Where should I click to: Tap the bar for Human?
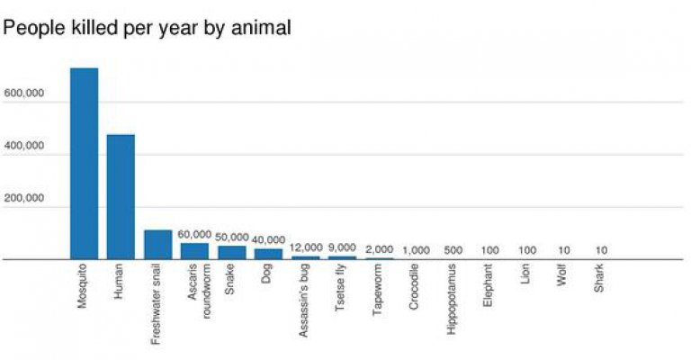coord(121,197)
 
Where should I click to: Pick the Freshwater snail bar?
coord(157,245)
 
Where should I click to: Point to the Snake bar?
coord(231,253)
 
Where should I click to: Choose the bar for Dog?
coord(268,254)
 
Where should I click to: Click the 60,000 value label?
coord(194,234)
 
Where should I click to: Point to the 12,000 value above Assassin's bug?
coord(305,247)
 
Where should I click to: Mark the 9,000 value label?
coord(342,247)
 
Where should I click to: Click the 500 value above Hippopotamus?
coord(453,249)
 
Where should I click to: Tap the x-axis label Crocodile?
coord(414,287)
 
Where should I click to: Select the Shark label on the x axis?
coord(598,280)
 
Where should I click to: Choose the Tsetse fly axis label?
coord(340,288)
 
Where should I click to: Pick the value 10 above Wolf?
coord(562,249)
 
